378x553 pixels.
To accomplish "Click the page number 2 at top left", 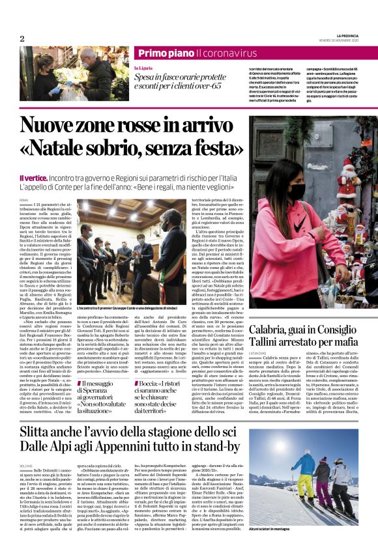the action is pyautogui.click(x=22, y=38).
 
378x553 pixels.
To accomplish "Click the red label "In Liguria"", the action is pyautogui.click(x=144, y=68).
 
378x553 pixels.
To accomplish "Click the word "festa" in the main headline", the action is pyautogui.click(x=207, y=148).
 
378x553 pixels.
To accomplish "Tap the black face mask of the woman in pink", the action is pyautogui.click(x=297, y=191).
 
